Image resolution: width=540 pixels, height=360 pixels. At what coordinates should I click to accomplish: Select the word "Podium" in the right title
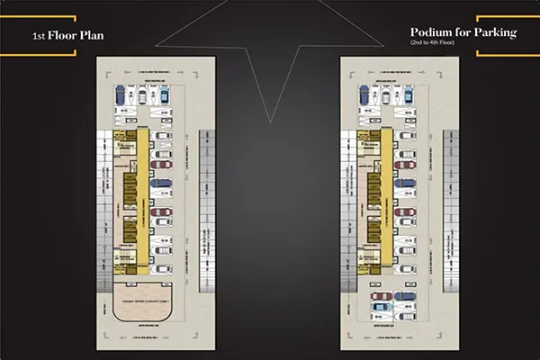click(x=429, y=33)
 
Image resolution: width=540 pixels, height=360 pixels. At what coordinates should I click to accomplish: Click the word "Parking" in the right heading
click(x=494, y=33)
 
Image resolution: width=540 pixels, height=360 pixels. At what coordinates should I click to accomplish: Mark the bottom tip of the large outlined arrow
click(x=270, y=120)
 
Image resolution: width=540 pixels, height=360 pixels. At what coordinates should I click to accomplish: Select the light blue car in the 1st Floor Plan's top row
click(x=163, y=95)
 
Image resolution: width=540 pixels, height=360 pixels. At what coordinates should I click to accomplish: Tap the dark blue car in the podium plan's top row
click(x=364, y=95)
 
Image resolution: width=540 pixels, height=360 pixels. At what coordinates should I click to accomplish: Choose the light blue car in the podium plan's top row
click(x=409, y=95)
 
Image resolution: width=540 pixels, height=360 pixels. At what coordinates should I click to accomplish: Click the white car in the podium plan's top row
click(x=387, y=95)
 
